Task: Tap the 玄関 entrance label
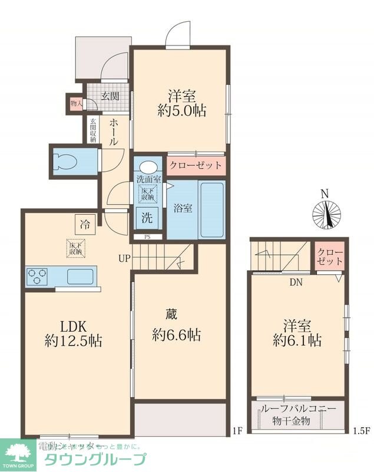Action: (x=109, y=96)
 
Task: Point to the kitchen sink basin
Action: (x=81, y=276)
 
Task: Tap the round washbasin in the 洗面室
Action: (x=148, y=166)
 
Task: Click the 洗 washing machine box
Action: (x=147, y=218)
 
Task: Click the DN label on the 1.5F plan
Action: (x=296, y=282)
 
